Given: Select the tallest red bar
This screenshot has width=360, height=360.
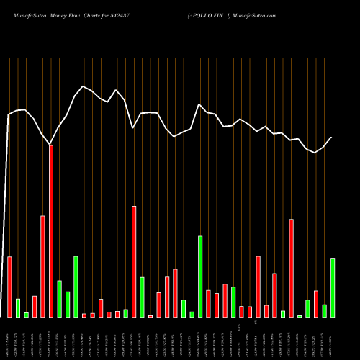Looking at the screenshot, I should click(x=51, y=230).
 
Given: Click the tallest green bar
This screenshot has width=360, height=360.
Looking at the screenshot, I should click(x=200, y=276).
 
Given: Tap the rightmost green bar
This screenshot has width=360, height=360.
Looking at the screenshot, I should click(x=333, y=288).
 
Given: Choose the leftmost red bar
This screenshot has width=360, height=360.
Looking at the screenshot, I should click(x=9, y=287).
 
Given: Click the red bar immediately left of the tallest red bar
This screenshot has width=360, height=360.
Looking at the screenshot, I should click(x=42, y=266).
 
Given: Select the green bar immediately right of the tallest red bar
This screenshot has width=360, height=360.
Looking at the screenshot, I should click(x=59, y=299).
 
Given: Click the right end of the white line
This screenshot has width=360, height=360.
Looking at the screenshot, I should click(x=332, y=138).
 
